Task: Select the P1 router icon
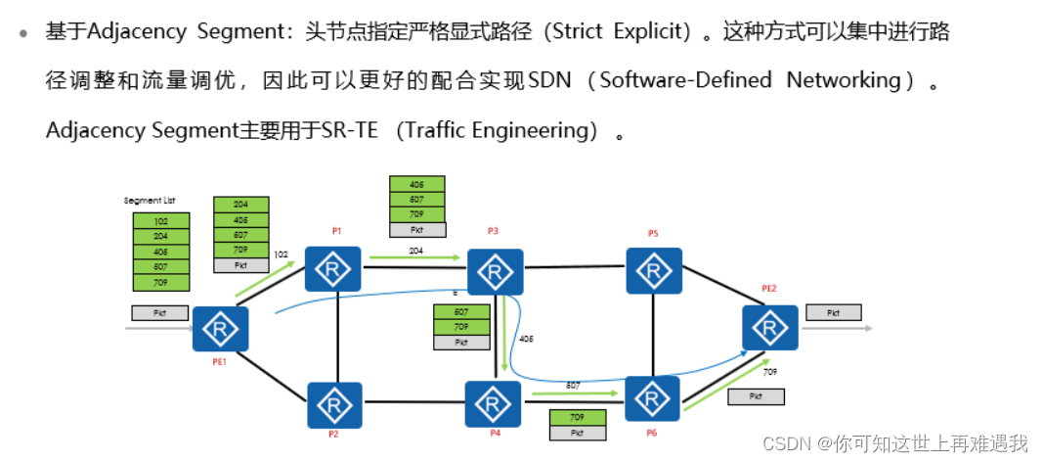click(333, 267)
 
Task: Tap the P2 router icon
click(334, 405)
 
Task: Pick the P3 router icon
click(495, 271)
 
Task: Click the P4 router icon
click(493, 404)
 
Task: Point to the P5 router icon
click(654, 271)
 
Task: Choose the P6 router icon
click(653, 398)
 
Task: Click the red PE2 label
click(768, 289)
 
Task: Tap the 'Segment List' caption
click(149, 201)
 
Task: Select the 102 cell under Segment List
click(160, 221)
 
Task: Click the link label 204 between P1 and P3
click(415, 251)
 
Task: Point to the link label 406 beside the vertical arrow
click(528, 339)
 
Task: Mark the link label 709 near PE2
click(769, 372)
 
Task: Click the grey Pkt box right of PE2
click(833, 313)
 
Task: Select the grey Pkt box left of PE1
click(160, 313)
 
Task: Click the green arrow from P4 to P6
click(577, 393)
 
